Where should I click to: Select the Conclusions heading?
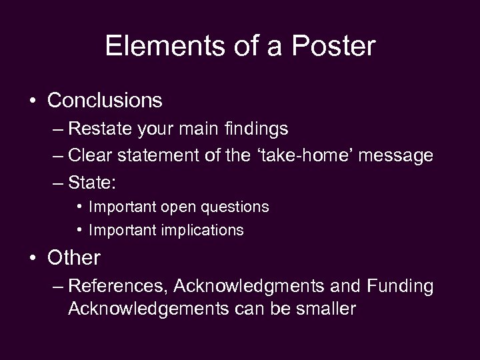click(105, 100)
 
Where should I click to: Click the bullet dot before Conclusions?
click(33, 101)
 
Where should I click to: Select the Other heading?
click(74, 257)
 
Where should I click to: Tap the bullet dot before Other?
click(33, 258)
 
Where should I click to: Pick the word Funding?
click(399, 286)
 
